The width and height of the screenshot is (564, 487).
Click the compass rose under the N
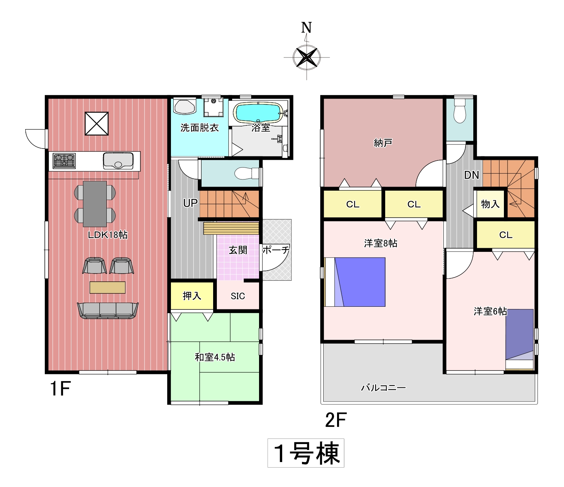[306, 57]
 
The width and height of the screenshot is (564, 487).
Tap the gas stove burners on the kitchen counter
[65, 161]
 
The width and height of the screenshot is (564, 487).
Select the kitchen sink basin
[118, 161]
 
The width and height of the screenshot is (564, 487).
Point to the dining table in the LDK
[95, 204]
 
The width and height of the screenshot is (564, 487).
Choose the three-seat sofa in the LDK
[108, 310]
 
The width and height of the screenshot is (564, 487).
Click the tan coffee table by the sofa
[107, 287]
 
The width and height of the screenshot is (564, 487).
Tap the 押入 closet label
[192, 296]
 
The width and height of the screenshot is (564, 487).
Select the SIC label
[238, 296]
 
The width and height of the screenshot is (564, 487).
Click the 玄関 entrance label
[238, 250]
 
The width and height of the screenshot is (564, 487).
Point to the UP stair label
[190, 203]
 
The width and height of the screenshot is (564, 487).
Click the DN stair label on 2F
[471, 175]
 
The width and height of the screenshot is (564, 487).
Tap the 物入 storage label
[490, 204]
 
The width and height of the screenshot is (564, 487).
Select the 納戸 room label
[383, 143]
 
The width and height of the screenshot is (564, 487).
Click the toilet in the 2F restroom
[460, 111]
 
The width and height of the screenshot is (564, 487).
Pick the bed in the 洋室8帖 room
[355, 282]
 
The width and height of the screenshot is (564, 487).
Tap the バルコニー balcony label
[383, 387]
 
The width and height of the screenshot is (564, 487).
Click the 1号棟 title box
[306, 453]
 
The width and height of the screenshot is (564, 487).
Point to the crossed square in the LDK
[97, 124]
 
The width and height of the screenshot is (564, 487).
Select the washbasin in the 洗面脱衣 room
[185, 107]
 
